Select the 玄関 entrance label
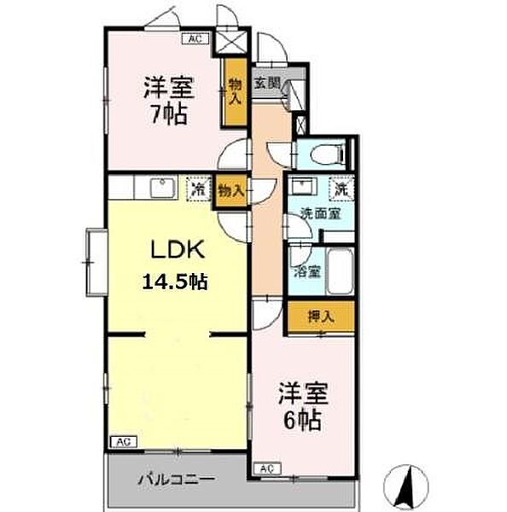266,84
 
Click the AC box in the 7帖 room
195,38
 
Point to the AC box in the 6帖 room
266,468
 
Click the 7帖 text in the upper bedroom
168,114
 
